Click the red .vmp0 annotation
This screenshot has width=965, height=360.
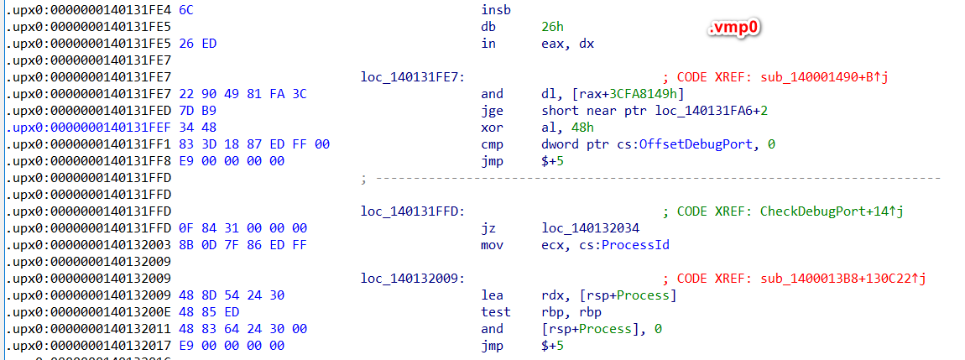coord(737,28)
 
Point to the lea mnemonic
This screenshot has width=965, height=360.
coord(491,295)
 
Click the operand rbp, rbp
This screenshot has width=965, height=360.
coord(568,311)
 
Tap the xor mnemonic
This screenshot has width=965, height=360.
coord(491,128)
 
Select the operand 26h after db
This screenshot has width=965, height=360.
coord(552,28)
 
